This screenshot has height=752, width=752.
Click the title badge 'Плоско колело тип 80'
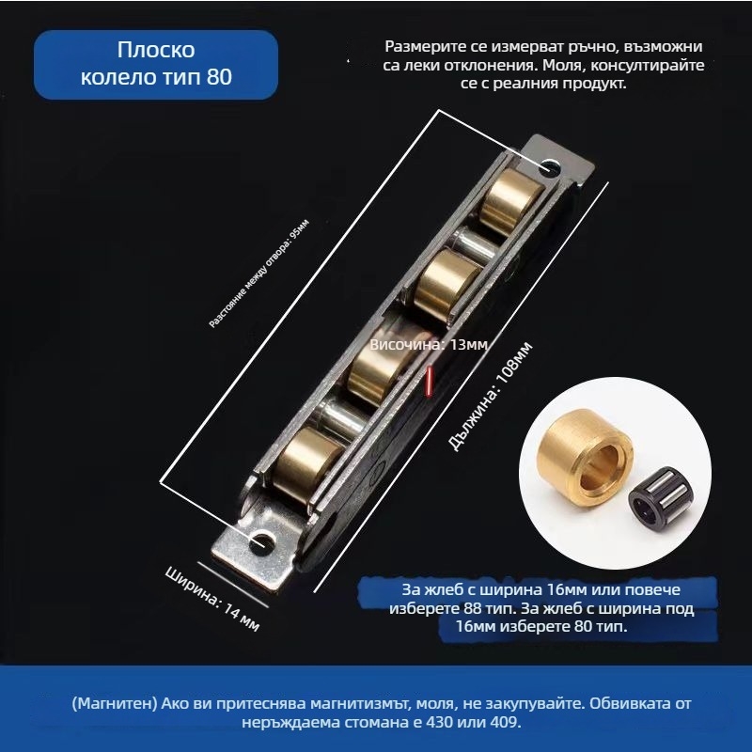point(156,65)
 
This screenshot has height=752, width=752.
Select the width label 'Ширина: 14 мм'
point(212,596)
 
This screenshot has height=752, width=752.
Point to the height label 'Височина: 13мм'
point(429,345)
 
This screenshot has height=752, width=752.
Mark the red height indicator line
point(429,381)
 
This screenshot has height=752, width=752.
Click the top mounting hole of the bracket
point(549,168)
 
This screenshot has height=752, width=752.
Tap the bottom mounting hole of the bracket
point(259,543)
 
